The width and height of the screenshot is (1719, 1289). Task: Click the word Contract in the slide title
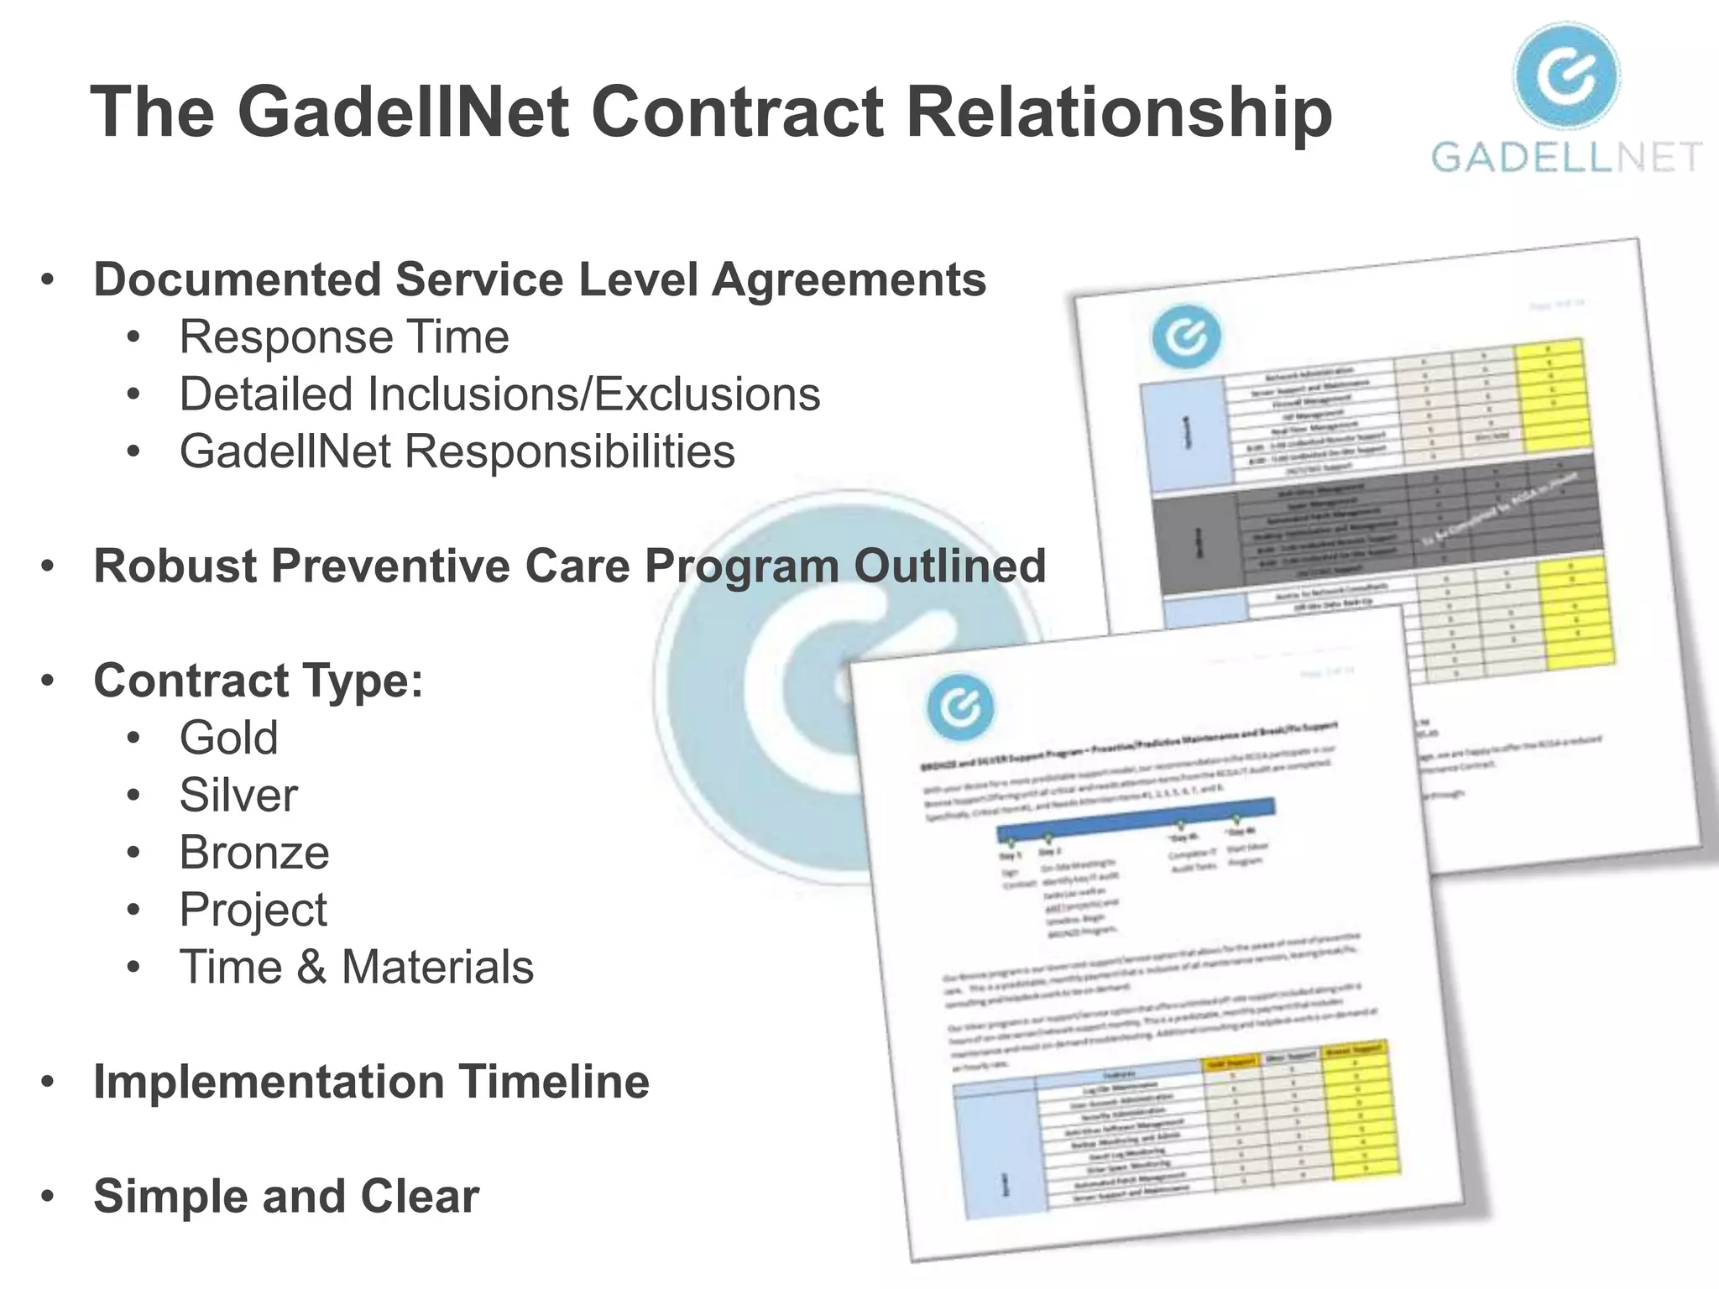737,112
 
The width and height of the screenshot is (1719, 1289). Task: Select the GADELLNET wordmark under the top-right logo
1565,158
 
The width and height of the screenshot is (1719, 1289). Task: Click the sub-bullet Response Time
344,337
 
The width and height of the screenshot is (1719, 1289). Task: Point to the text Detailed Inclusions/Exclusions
499,394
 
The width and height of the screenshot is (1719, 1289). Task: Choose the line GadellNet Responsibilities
457,451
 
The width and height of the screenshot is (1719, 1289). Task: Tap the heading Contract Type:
258,680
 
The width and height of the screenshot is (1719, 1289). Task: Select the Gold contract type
228,738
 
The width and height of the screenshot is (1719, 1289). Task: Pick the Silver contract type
238,795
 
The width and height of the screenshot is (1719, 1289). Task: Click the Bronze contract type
254,853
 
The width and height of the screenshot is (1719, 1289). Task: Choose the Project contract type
253,910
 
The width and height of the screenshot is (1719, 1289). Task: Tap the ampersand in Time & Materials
311,967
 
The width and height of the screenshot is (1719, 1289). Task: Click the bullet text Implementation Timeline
371,1082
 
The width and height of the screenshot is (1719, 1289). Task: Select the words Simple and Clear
285,1196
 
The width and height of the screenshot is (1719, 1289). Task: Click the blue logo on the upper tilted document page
1186,337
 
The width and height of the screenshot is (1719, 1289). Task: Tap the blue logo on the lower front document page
960,707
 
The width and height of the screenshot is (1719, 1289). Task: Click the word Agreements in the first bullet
849,279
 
